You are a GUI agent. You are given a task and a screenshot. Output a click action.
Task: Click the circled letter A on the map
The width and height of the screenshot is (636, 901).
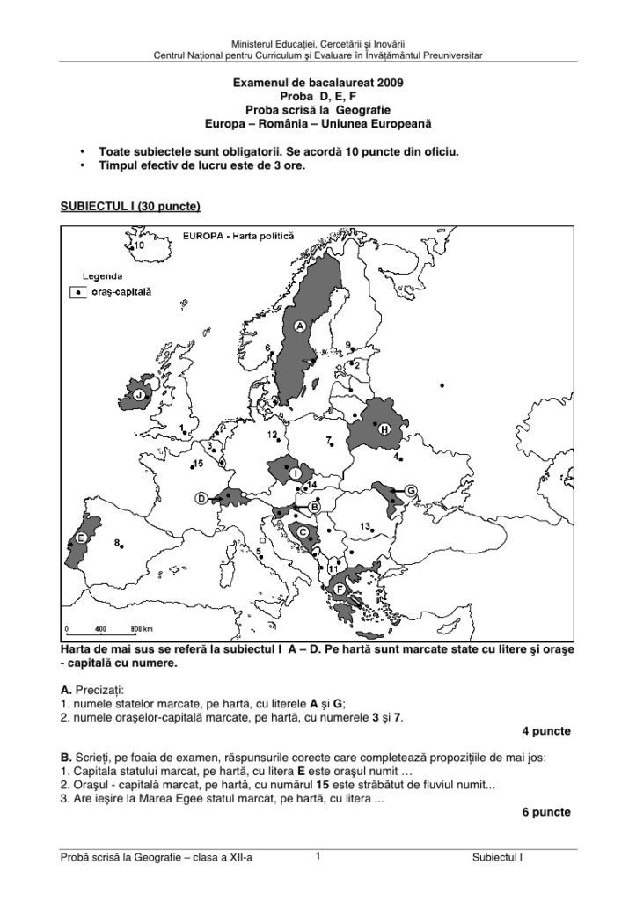(x=299, y=326)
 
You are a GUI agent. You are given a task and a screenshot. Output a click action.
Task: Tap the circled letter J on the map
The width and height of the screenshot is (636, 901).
(x=139, y=397)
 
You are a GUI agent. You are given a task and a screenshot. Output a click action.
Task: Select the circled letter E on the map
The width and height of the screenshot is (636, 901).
(x=81, y=538)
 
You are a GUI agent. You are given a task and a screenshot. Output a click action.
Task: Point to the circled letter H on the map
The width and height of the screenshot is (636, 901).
(x=384, y=428)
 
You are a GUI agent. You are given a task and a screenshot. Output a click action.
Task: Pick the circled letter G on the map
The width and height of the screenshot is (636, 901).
(x=410, y=489)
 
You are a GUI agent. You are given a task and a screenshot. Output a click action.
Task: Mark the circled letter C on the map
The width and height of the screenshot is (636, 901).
(x=303, y=531)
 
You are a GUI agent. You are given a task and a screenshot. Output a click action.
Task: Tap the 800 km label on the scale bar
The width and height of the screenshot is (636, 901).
(x=142, y=629)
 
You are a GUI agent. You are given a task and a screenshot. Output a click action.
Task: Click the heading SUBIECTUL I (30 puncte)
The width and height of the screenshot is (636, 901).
(x=130, y=207)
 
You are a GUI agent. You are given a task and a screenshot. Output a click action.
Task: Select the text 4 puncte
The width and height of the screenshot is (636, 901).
(x=545, y=731)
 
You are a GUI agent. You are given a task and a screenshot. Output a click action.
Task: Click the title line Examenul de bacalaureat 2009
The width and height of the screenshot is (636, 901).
(x=318, y=82)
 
